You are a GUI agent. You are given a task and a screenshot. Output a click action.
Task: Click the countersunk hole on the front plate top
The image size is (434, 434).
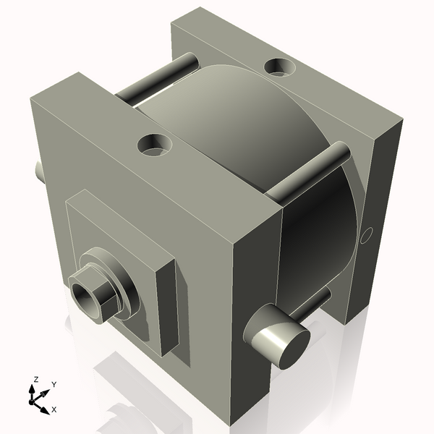pos(154,145)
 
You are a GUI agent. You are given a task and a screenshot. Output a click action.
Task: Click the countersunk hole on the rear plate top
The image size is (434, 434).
pos(280,67)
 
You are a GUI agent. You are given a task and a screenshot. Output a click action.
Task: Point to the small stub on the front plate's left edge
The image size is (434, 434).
pos(38,171)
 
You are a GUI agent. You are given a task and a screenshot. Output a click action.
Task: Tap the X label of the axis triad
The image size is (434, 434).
pos(54,409)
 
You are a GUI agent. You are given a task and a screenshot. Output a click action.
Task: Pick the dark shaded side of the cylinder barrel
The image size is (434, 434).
pos(318,231)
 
